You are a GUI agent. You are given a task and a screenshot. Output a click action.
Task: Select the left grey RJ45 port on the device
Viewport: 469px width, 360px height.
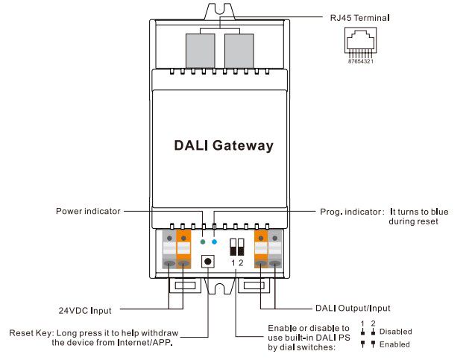tap(201, 50)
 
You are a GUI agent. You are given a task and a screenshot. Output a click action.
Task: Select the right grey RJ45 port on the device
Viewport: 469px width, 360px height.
tap(239, 50)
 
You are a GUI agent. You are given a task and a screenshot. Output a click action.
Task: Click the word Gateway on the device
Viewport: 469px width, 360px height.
tap(243, 146)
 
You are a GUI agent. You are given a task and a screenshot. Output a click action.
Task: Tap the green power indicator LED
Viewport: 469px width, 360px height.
tap(204, 242)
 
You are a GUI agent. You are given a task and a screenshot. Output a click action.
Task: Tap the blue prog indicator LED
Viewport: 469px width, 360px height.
tap(215, 242)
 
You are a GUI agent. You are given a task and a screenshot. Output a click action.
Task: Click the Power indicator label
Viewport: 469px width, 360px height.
tap(88, 212)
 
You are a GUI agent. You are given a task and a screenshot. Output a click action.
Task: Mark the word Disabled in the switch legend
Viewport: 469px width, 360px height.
tap(395, 332)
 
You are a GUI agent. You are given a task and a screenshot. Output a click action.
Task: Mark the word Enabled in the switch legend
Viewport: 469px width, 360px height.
tap(394, 344)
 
